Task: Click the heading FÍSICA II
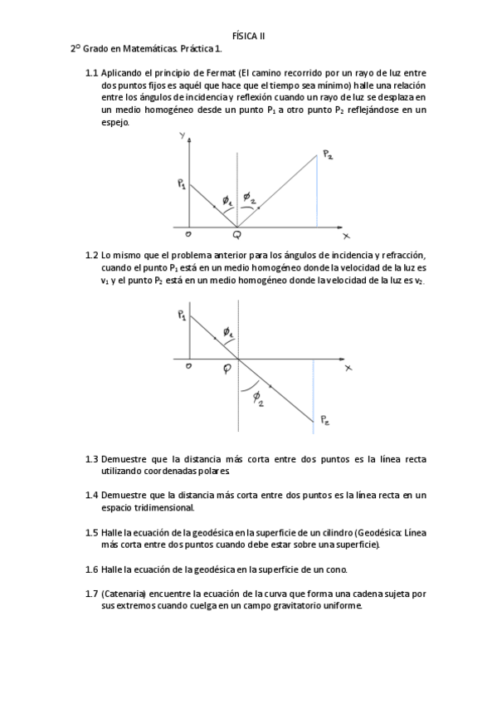tap(249, 36)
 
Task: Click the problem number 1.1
tap(92, 73)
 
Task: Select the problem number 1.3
tap(92, 459)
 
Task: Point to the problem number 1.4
tap(92, 496)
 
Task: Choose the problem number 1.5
tap(92, 532)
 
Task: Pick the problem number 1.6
tap(92, 570)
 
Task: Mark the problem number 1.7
tap(92, 594)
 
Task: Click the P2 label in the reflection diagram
tap(329, 154)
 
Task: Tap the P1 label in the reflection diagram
tap(182, 184)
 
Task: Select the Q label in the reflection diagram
tap(237, 235)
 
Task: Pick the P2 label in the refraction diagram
tap(327, 422)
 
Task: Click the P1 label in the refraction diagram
tap(182, 315)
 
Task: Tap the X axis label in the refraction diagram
tap(348, 367)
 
